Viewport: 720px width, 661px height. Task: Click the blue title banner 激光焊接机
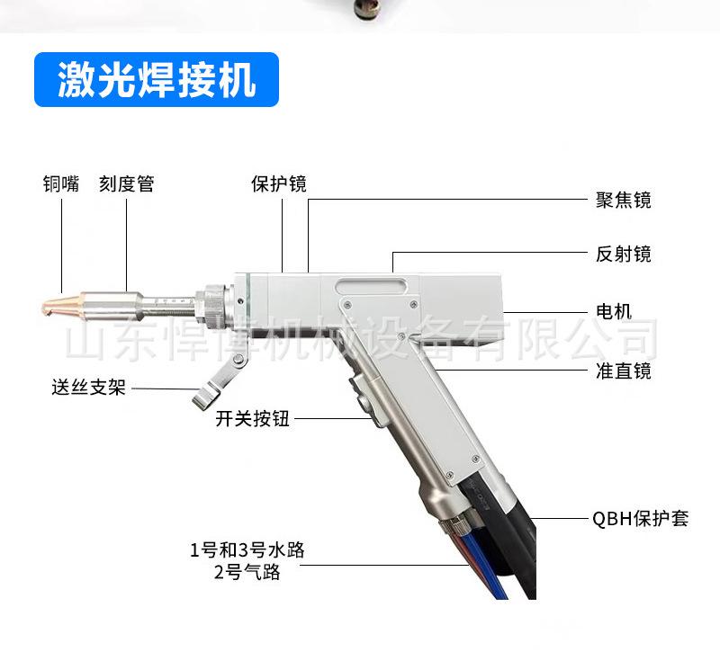(157, 80)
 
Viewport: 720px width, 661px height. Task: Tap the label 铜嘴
(60, 184)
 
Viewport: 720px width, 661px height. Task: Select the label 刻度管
(126, 184)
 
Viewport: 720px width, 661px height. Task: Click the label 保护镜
(278, 184)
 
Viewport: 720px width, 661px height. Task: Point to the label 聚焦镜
(623, 200)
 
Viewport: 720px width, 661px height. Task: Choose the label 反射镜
(623, 255)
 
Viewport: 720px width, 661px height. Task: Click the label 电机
(614, 311)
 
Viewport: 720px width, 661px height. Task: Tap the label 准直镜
(623, 371)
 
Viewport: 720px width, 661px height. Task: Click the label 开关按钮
(253, 419)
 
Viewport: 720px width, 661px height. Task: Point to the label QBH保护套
(640, 519)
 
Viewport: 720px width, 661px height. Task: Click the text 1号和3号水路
(247, 549)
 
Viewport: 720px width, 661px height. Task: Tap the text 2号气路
(247, 572)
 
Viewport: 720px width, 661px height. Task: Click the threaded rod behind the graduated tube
(171, 300)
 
